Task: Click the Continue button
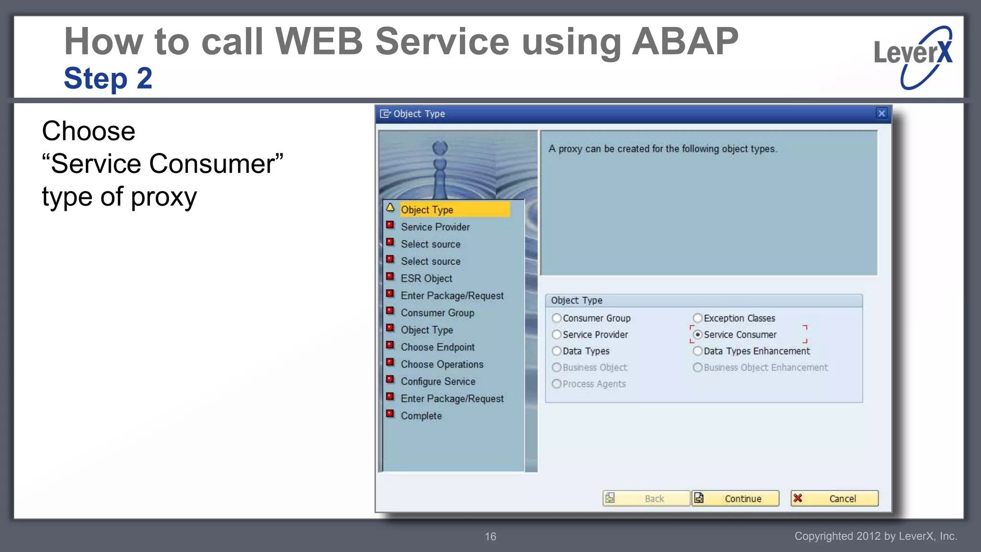click(x=736, y=498)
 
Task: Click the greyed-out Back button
click(x=647, y=498)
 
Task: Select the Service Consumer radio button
click(x=698, y=334)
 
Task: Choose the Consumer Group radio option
click(x=557, y=318)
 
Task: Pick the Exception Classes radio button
click(x=698, y=318)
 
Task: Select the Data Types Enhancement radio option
click(x=698, y=351)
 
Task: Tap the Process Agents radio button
click(x=557, y=384)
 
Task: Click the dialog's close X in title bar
click(x=881, y=114)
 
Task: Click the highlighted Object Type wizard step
click(x=427, y=210)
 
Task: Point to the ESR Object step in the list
click(x=426, y=278)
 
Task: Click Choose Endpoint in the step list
click(x=437, y=347)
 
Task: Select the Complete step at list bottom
click(x=421, y=416)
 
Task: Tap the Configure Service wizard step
click(x=438, y=381)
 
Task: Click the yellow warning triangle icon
click(x=390, y=207)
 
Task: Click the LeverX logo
click(x=913, y=57)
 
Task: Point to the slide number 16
click(x=490, y=537)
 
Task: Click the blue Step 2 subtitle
click(x=108, y=78)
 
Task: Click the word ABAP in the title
click(x=685, y=42)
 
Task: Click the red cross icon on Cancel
click(x=798, y=498)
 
